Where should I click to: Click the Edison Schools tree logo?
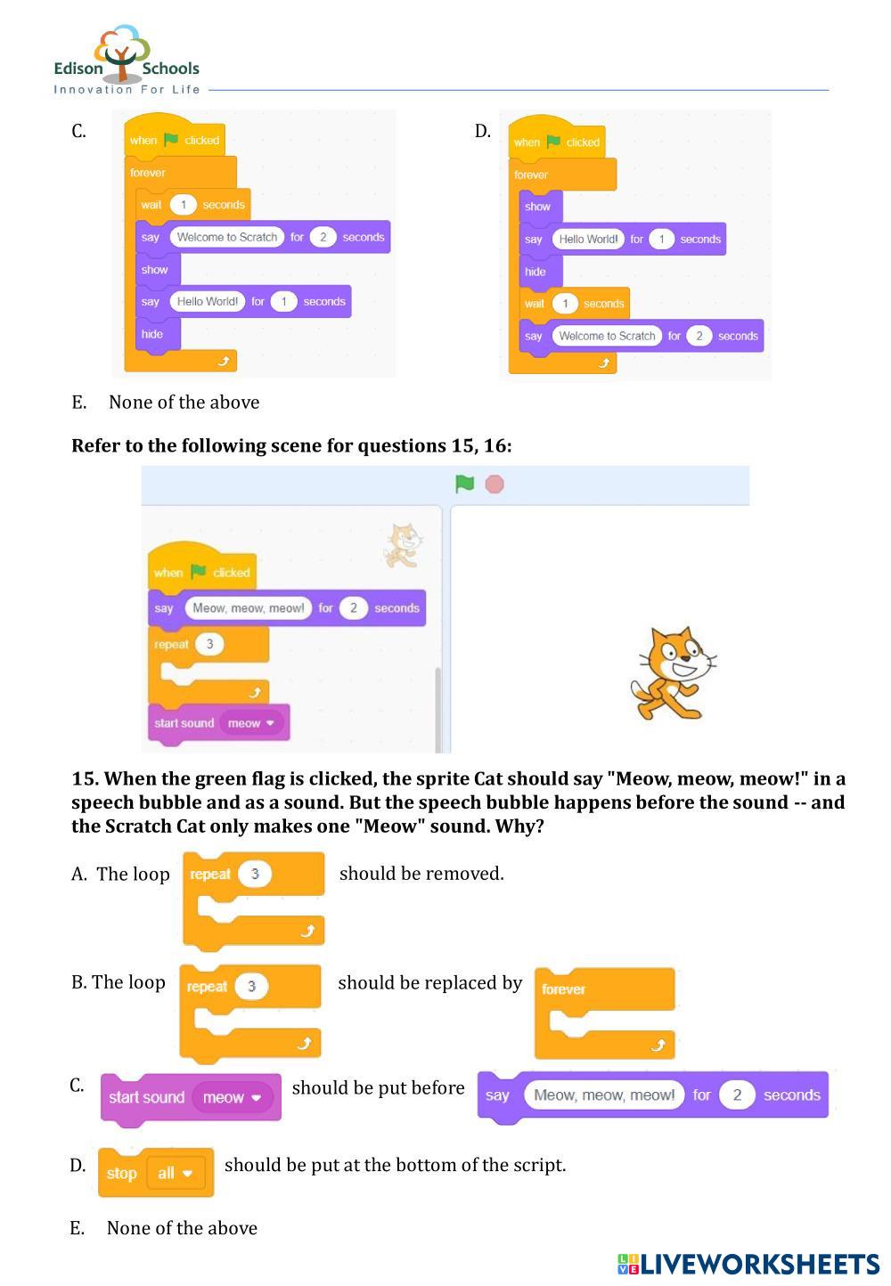click(122, 52)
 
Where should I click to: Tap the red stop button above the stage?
click(494, 484)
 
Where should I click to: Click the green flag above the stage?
click(464, 484)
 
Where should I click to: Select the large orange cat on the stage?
click(673, 673)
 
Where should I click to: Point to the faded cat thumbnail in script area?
click(402, 545)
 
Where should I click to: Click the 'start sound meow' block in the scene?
click(218, 724)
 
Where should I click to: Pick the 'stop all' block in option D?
click(156, 1173)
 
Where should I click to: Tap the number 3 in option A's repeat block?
click(255, 874)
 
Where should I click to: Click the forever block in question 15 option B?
click(604, 1013)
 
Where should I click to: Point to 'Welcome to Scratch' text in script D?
click(607, 336)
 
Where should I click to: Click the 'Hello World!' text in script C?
click(207, 301)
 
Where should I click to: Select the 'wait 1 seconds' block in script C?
click(193, 205)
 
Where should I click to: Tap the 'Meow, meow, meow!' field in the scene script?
click(249, 608)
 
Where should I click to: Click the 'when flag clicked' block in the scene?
click(201, 566)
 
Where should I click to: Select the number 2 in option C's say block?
click(737, 1095)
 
